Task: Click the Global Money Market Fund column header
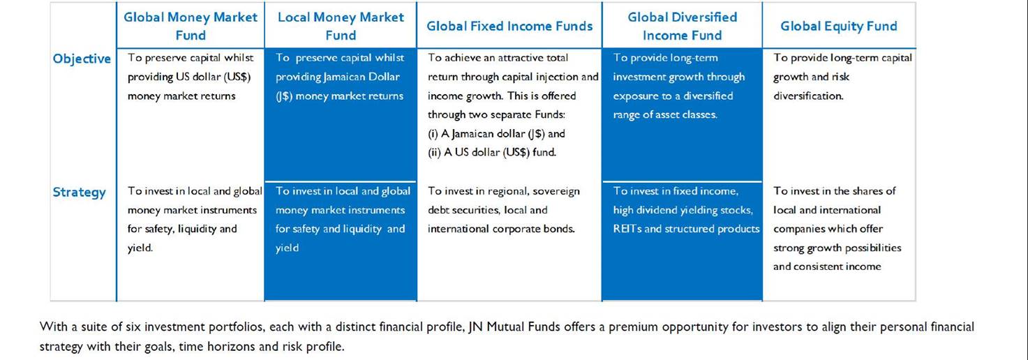tap(191, 26)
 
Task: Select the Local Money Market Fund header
tap(341, 26)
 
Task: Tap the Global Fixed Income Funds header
tap(509, 26)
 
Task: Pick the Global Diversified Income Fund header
tap(682, 26)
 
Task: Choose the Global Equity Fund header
tap(839, 26)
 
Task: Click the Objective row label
tap(82, 59)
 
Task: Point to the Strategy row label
tap(79, 192)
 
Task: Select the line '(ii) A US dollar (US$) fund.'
tap(492, 152)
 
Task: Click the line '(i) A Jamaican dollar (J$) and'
tap(496, 134)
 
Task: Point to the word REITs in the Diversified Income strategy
tap(627, 229)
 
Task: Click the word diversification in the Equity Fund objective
tap(808, 96)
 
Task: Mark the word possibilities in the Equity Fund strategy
tap(873, 248)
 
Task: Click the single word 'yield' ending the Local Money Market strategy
tap(287, 248)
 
